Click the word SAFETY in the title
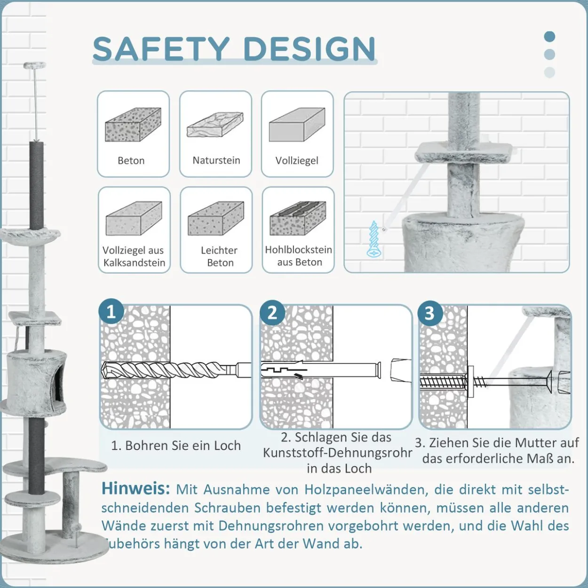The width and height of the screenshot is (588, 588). (x=161, y=49)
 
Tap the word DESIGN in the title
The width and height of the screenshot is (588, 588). (x=310, y=49)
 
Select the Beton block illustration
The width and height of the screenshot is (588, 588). (x=133, y=124)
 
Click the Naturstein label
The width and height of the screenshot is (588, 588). (x=216, y=160)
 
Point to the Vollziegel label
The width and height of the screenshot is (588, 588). (x=297, y=160)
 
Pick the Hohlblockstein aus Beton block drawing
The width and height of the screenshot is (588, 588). (x=297, y=218)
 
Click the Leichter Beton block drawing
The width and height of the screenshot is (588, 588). (x=216, y=218)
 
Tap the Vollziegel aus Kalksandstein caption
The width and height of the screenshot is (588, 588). (x=134, y=256)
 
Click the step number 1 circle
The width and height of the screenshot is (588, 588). (x=111, y=312)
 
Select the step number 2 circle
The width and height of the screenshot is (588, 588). (x=272, y=312)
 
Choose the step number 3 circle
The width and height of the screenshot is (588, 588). (x=430, y=313)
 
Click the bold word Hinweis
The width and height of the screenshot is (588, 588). (x=136, y=489)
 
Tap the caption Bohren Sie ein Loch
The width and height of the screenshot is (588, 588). (x=176, y=445)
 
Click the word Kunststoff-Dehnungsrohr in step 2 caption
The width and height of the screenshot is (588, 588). (x=338, y=453)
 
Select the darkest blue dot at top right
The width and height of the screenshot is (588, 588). (x=549, y=37)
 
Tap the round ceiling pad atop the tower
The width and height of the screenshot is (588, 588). (x=36, y=65)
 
